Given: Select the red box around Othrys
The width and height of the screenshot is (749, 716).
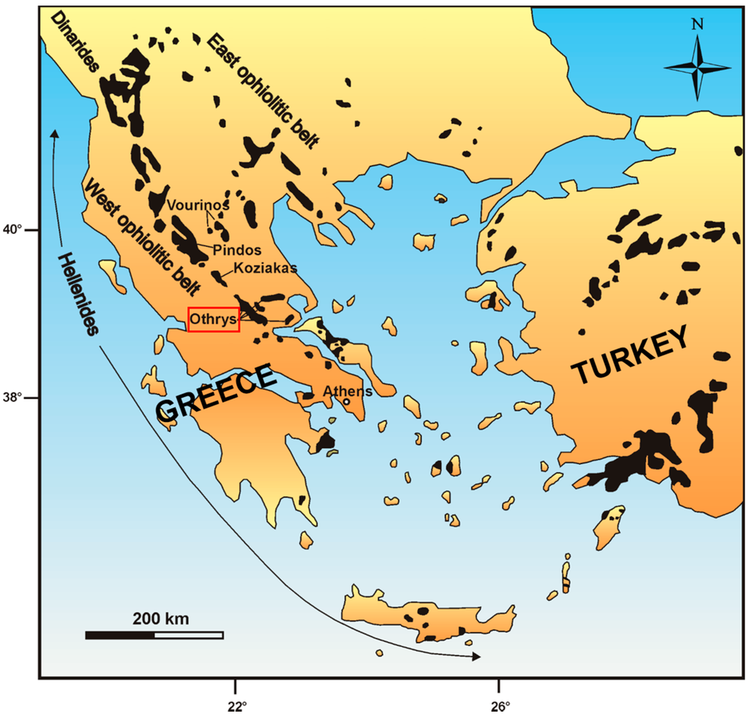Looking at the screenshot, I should click(x=214, y=320).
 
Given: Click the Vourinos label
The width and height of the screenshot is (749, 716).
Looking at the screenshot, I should click(x=199, y=206).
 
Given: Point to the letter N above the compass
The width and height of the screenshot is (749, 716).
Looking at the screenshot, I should click(x=698, y=24).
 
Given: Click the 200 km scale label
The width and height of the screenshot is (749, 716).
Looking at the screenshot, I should click(x=161, y=619).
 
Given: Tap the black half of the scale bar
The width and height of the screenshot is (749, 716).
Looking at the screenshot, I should click(x=120, y=635).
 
